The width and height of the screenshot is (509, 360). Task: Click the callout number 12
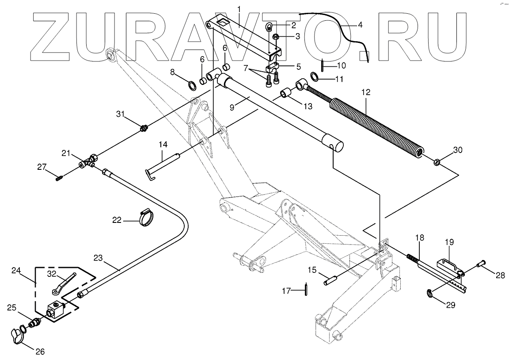(365, 93)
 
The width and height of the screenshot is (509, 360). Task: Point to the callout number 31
(121, 114)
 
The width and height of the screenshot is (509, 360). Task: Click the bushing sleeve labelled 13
(285, 94)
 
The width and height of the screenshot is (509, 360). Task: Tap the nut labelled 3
(274, 36)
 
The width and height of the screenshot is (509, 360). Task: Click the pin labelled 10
(323, 64)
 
